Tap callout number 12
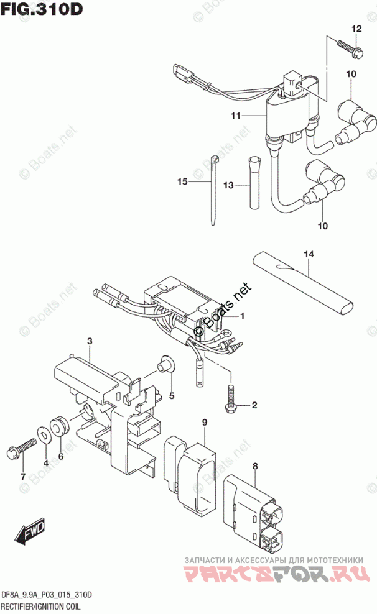[x=356, y=29]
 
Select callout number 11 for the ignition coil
[x=235, y=116]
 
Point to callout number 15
[x=182, y=181]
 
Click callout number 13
[x=228, y=185]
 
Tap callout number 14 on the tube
[x=309, y=254]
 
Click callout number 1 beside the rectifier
[x=242, y=316]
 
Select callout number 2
[x=254, y=406]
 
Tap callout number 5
[x=172, y=395]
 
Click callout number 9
[x=203, y=423]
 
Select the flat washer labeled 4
[x=45, y=434]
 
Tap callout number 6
[x=61, y=457]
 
